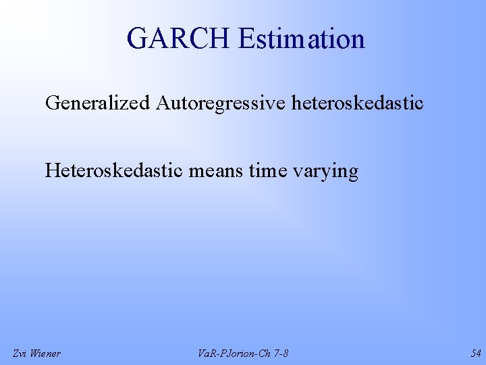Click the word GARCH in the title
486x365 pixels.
point(178,39)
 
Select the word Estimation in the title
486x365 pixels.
point(301,39)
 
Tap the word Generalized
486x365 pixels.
point(98,103)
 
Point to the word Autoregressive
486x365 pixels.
point(221,103)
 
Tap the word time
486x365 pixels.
point(268,171)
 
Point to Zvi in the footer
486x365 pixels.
point(20,354)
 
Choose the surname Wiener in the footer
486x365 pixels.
point(45,354)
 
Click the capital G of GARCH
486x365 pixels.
point(136,39)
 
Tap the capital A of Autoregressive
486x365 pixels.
point(163,103)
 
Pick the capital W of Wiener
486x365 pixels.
point(35,354)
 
